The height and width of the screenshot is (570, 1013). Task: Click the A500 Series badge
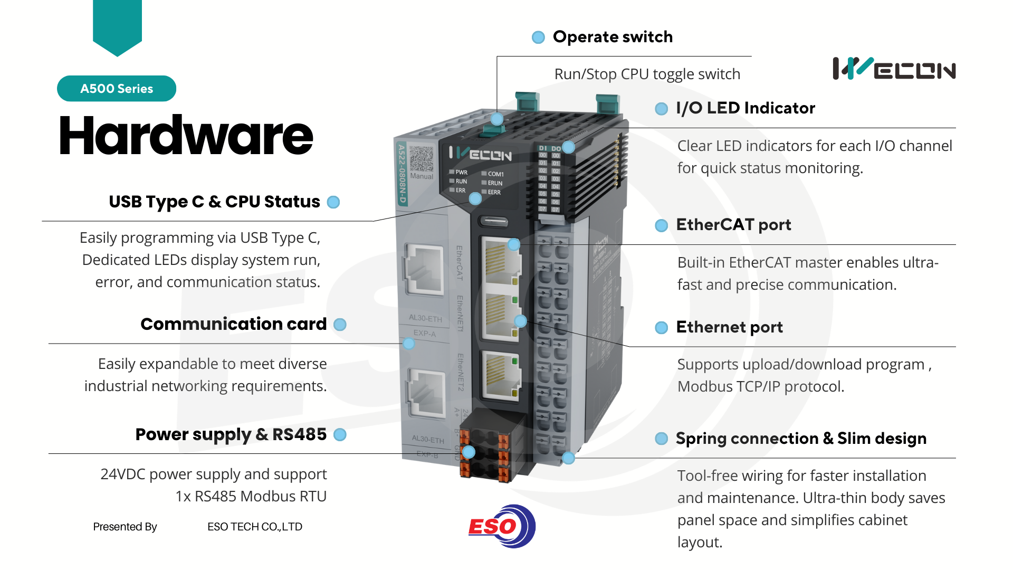117,89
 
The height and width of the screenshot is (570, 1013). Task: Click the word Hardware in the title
186,136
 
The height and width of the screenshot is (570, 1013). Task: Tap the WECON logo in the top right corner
894,69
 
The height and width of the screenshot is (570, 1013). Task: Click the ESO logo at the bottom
502,526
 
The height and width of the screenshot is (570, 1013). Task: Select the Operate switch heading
613,37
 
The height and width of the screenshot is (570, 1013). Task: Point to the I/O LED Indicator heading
745,108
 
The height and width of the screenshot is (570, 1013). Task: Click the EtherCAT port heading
733,225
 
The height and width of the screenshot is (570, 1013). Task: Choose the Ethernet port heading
729,327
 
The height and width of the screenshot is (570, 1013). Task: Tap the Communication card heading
233,324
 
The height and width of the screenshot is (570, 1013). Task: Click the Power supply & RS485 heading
231,434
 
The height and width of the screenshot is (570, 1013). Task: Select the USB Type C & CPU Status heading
214,202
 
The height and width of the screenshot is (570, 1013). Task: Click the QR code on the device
421,159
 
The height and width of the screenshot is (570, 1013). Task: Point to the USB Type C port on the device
493,222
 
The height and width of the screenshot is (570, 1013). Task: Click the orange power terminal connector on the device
484,455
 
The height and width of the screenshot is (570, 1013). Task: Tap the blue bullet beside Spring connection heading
661,439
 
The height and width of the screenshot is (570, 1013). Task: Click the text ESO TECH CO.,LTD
255,527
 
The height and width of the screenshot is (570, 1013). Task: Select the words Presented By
125,527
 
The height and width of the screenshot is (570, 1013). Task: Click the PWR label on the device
461,173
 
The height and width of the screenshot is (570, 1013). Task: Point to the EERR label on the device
494,193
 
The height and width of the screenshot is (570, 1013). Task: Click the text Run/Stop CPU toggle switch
647,74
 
